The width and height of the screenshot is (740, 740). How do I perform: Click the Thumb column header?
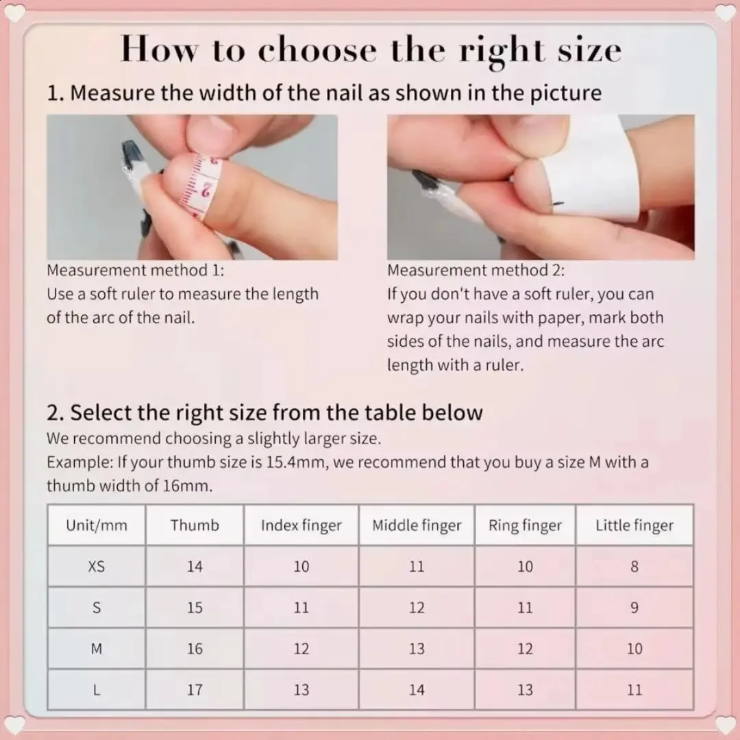tap(195, 526)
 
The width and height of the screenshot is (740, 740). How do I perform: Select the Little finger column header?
tap(634, 526)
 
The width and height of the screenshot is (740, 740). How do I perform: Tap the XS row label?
tap(97, 567)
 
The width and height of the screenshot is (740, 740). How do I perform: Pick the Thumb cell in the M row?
tap(195, 648)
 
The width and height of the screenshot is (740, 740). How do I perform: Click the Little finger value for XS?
tap(634, 567)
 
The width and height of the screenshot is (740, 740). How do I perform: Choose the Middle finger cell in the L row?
tap(417, 690)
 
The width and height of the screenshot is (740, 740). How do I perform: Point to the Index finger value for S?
tap(301, 607)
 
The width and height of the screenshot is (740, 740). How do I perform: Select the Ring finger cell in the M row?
tap(526, 648)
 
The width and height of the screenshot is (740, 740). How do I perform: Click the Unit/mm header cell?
tap(97, 526)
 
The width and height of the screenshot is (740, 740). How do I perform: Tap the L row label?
tap(97, 690)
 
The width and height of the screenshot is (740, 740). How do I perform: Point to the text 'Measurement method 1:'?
tap(136, 271)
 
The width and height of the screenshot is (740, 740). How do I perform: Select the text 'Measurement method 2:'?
tap(476, 271)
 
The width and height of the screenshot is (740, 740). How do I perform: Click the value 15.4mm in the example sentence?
tap(295, 462)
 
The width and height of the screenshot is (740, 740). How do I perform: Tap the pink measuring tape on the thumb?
tap(201, 184)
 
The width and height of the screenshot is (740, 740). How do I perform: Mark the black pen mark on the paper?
tap(558, 204)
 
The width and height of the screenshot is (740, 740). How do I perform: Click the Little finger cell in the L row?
tap(634, 690)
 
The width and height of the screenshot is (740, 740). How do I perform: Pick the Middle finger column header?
tap(417, 526)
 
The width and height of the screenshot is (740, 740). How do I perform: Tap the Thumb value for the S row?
tap(195, 607)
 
